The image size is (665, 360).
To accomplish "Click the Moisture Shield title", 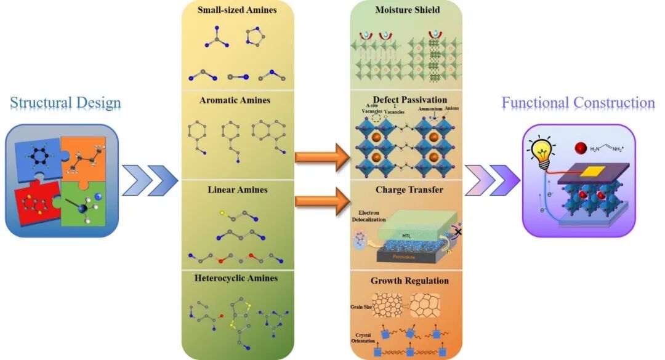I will tap(406, 10).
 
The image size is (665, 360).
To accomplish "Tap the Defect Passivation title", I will tap(409, 100).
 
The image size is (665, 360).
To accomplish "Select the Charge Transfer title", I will tap(409, 190).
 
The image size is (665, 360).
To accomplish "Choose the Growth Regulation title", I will tap(409, 281).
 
